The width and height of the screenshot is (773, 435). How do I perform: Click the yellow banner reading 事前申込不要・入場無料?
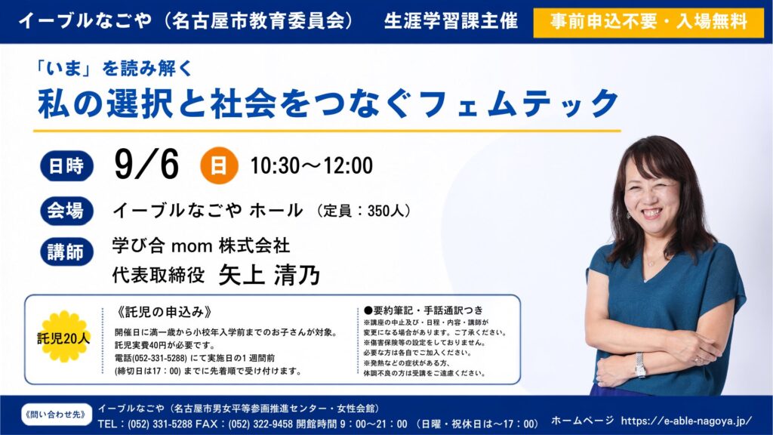tap(648, 22)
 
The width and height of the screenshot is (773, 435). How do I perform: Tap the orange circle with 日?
tap(219, 165)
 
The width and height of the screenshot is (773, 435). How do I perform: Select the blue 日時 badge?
tap(66, 165)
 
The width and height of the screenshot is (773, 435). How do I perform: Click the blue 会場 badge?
tap(66, 211)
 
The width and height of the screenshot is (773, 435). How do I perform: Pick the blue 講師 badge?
tap(66, 252)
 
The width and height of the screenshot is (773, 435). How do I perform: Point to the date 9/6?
tap(146, 165)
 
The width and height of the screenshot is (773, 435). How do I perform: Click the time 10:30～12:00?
tap(312, 165)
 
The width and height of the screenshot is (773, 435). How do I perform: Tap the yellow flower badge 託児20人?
tap(63, 337)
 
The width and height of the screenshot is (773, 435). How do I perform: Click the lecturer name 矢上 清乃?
tap(269, 274)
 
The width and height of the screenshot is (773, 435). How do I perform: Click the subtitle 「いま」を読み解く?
tap(115, 68)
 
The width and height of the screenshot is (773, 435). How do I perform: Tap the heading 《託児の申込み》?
tap(165, 312)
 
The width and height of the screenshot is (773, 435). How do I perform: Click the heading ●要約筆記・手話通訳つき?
tap(423, 310)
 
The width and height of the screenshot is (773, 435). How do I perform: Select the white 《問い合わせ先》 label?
tap(57, 415)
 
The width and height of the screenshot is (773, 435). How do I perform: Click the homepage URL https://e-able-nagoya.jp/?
tap(687, 421)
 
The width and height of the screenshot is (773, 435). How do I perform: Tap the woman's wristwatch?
tap(640, 365)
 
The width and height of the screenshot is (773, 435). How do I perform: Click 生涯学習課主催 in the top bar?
tap(451, 21)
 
